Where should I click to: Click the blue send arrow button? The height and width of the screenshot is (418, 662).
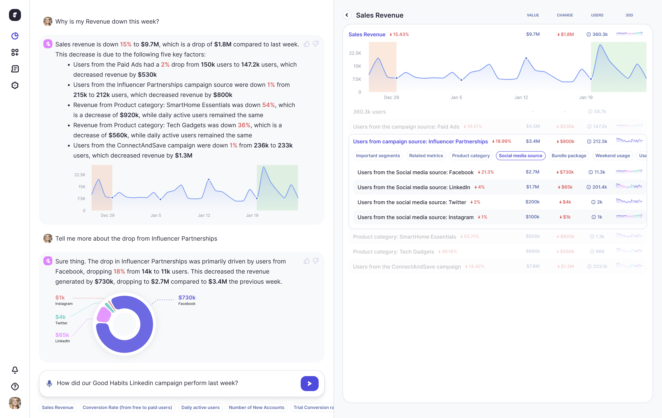tap(309, 383)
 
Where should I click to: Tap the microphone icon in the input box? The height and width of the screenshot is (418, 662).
tap(49, 383)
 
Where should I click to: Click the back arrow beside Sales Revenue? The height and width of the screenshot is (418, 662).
tap(347, 15)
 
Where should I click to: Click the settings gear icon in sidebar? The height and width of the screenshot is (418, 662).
tap(15, 86)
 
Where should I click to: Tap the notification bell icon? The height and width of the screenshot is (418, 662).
tap(15, 370)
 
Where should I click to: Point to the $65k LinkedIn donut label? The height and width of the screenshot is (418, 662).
tap(62, 337)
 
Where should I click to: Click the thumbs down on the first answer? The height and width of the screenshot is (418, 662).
tap(316, 44)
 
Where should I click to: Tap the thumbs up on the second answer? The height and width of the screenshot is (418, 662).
tap(307, 261)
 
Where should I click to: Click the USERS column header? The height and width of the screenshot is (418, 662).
tap(597, 15)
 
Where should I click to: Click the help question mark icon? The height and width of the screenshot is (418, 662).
tap(15, 386)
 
